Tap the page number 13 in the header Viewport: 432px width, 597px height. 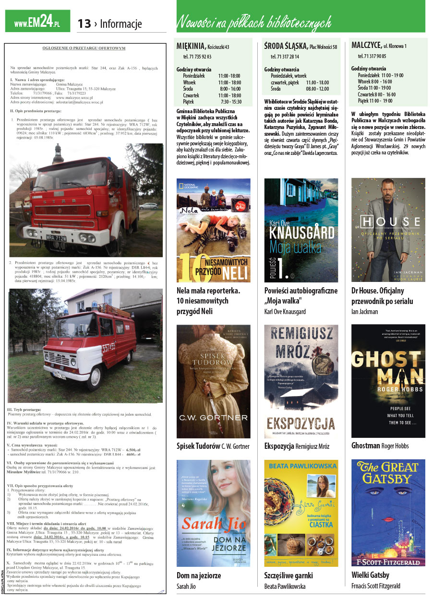click(x=84, y=23)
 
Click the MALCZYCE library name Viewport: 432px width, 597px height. click(x=366, y=46)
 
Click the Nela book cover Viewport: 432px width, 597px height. click(x=214, y=230)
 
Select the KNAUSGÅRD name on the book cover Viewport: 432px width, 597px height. click(x=301, y=233)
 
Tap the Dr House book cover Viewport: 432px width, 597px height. click(x=388, y=230)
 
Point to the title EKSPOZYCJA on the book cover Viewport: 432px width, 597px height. click(x=300, y=423)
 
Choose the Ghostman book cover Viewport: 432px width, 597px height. click(x=388, y=381)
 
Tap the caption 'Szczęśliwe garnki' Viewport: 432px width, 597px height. click(x=288, y=575)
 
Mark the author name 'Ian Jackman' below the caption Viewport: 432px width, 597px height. click(x=365, y=312)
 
